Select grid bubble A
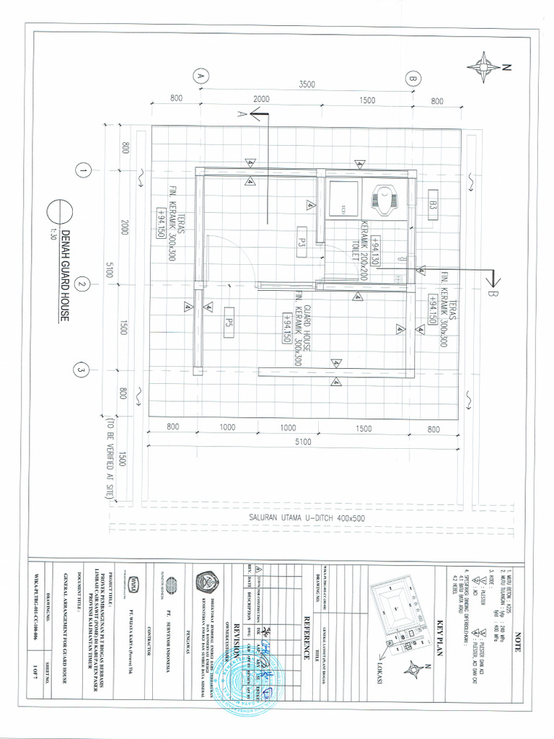(201, 76)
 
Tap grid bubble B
(413, 78)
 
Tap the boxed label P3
(303, 238)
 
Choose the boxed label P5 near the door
(230, 318)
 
